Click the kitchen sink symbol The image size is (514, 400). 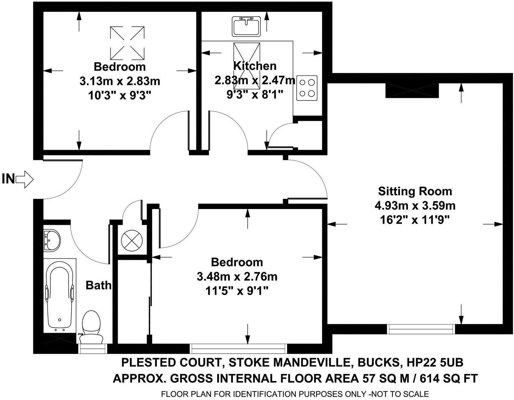click(246, 26)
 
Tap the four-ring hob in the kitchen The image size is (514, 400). click(307, 88)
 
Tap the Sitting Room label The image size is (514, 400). click(415, 191)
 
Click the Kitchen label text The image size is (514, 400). click(255, 66)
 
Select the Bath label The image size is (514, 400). click(98, 285)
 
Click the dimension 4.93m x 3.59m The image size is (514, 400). click(415, 206)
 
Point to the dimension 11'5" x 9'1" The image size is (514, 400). click(237, 291)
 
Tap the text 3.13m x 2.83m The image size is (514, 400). click(120, 81)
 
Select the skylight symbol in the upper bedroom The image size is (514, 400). click(127, 43)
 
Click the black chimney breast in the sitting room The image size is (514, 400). click(412, 90)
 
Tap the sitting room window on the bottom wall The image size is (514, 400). click(421, 329)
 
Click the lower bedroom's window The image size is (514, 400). click(238, 348)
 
